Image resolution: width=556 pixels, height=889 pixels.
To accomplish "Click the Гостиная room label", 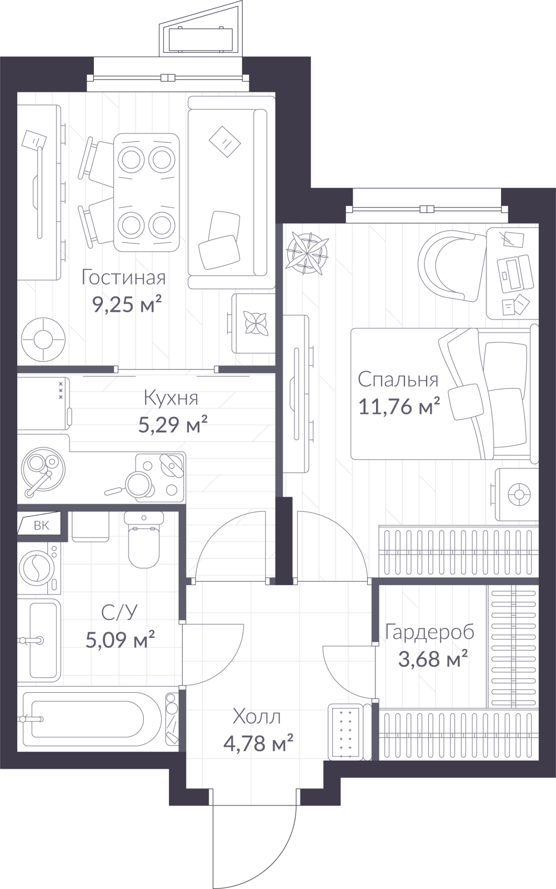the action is tap(123, 278).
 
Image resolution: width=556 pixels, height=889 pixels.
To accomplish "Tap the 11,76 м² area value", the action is tap(399, 406).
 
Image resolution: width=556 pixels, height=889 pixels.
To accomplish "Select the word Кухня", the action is tap(171, 398).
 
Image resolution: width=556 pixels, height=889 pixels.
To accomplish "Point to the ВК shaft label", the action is tap(41, 526).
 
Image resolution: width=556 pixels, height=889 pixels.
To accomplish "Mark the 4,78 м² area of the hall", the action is tap(258, 743).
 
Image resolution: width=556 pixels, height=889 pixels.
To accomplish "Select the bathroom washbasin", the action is tap(39, 640).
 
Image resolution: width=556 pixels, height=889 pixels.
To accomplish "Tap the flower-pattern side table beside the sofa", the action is tap(254, 323).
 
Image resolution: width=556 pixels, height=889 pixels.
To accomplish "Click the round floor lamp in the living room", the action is tap(42, 339).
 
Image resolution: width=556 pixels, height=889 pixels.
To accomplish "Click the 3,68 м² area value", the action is tap(433, 659).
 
